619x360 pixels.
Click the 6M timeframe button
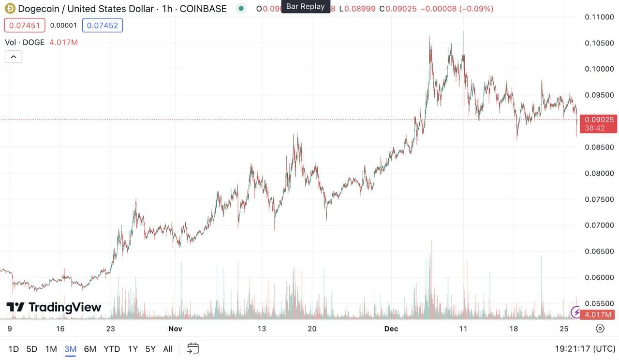click(90, 349)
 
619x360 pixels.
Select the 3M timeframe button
click(71, 349)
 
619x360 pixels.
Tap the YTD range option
click(112, 349)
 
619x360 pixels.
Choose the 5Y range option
click(150, 349)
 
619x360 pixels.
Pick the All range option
click(168, 349)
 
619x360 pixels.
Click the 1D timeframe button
click(14, 349)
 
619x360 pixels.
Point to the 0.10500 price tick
click(599, 43)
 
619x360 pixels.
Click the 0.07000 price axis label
click(599, 225)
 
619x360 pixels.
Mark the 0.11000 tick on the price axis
click(599, 17)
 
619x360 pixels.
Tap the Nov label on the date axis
click(176, 329)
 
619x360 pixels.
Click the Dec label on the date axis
click(391, 329)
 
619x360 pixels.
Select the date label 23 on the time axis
click(110, 329)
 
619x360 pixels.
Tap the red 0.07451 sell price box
click(25, 26)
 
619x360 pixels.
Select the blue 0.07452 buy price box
click(103, 26)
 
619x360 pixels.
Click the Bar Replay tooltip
click(306, 7)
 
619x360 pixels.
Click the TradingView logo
click(54, 307)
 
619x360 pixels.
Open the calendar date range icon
click(193, 348)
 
